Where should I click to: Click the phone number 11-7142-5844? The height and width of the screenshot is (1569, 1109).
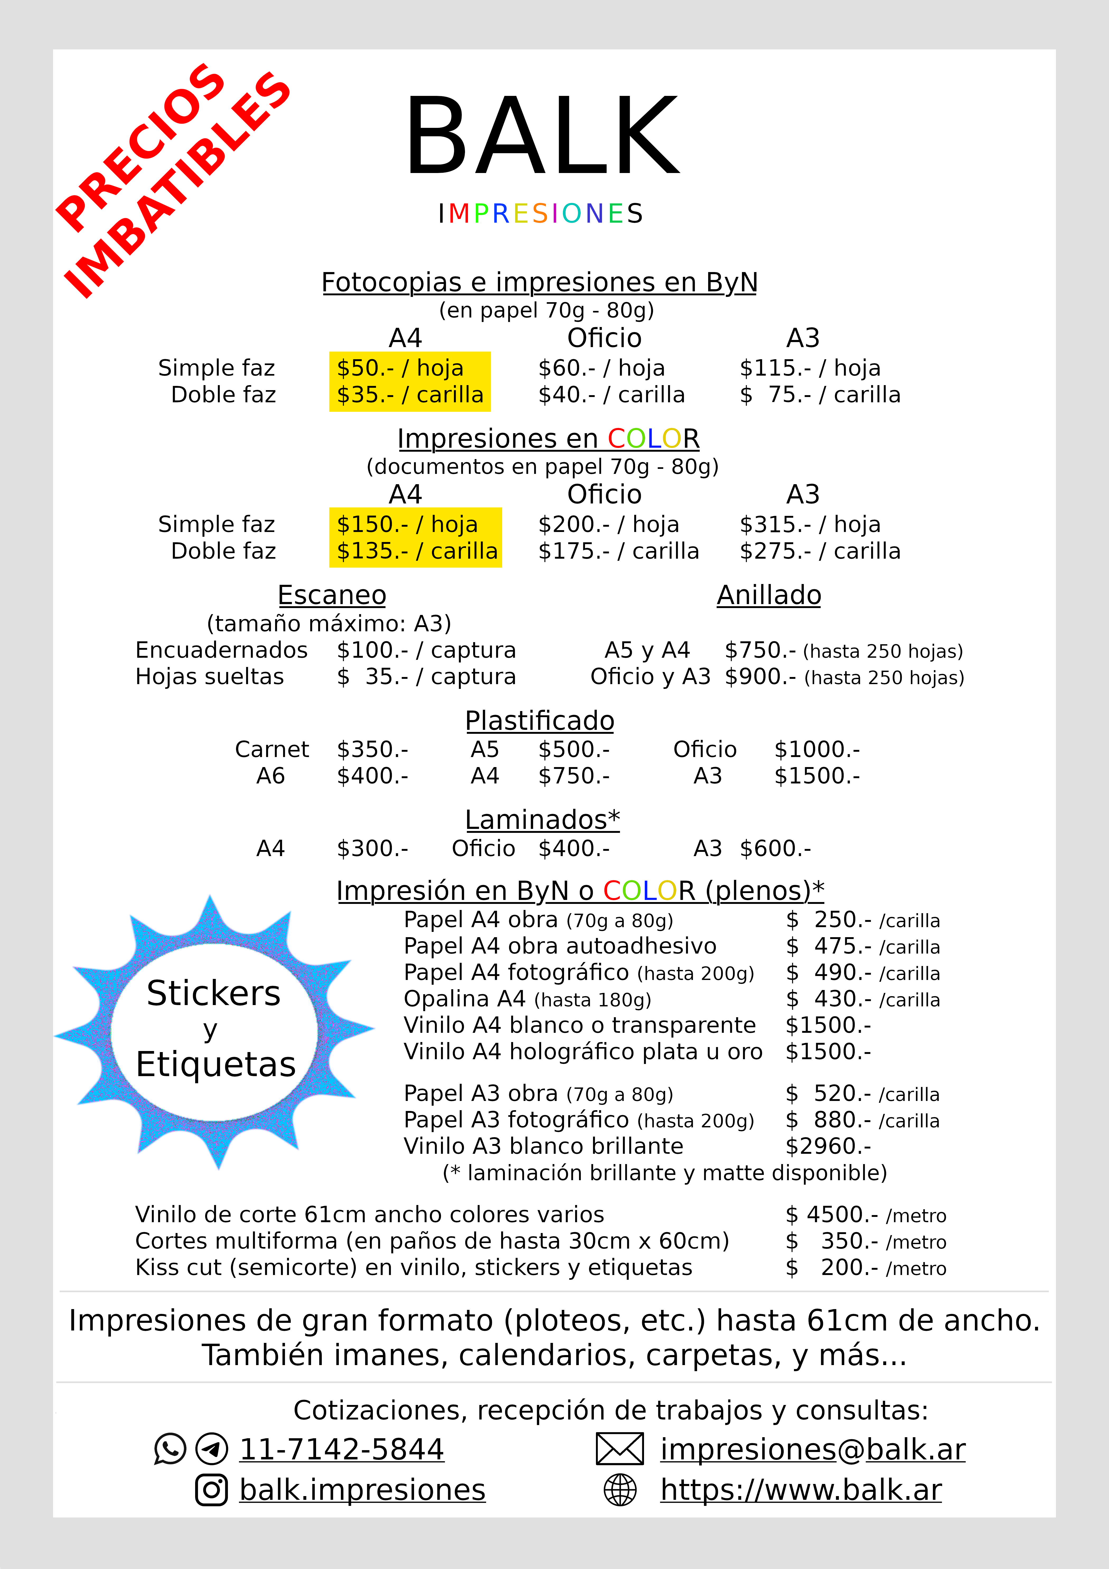(x=342, y=1449)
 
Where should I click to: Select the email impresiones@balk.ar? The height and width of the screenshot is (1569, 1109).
(x=812, y=1449)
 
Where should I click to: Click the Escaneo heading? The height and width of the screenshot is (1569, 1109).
(x=332, y=595)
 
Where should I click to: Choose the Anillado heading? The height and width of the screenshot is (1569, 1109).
(x=769, y=595)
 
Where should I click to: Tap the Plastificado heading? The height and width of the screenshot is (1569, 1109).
(x=540, y=721)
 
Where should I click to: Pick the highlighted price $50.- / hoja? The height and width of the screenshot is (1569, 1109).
(x=400, y=368)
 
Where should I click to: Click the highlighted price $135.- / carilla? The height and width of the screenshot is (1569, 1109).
(x=417, y=551)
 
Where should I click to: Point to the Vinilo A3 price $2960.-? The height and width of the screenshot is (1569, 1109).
(x=828, y=1146)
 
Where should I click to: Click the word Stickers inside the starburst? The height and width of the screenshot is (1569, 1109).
(x=214, y=993)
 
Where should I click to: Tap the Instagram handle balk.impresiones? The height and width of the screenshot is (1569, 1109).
(x=362, y=1490)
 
